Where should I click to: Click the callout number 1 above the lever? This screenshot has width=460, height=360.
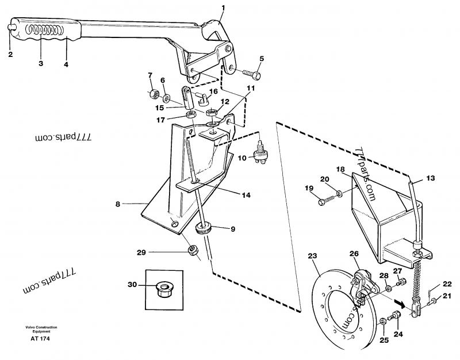coord(223,7)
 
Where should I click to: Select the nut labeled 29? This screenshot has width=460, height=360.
coord(194,250)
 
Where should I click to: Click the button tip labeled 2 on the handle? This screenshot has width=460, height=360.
coord(11,26)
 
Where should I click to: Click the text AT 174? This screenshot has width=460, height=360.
coord(39,339)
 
